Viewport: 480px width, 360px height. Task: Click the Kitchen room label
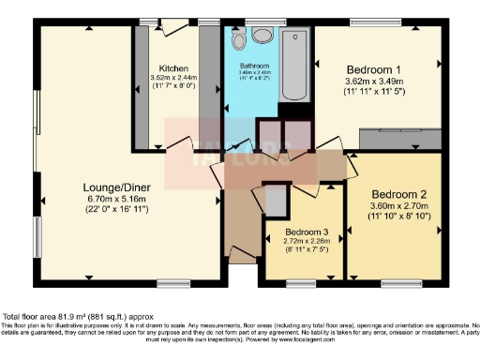click(x=173, y=68)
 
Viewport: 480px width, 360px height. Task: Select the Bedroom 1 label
click(x=375, y=69)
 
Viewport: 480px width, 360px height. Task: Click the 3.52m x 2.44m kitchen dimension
click(x=173, y=79)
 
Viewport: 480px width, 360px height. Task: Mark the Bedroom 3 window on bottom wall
click(x=303, y=280)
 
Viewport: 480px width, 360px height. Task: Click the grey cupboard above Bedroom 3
click(x=277, y=200)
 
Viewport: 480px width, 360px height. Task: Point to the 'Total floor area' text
click(x=75, y=317)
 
